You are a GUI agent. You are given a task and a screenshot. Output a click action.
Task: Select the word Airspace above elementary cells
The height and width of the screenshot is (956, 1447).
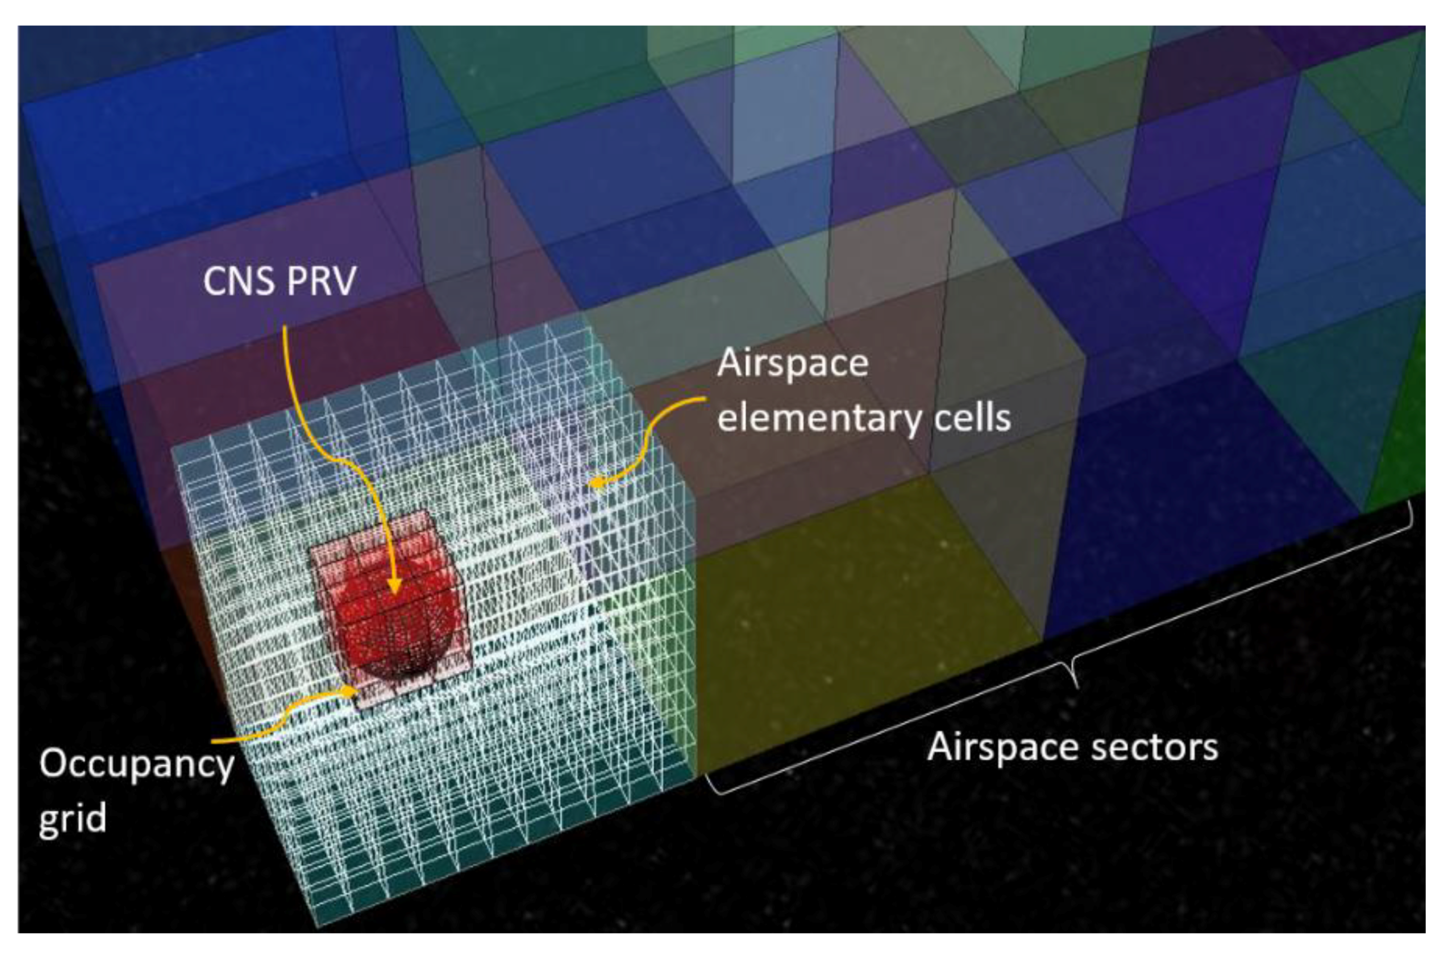[x=793, y=364]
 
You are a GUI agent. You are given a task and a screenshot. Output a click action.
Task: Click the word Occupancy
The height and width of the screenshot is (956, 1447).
[x=137, y=764]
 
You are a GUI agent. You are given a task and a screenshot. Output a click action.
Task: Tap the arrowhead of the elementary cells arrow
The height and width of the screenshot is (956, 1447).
[x=595, y=483]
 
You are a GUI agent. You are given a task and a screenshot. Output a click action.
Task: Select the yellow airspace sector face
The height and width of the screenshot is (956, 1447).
[x=854, y=610]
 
